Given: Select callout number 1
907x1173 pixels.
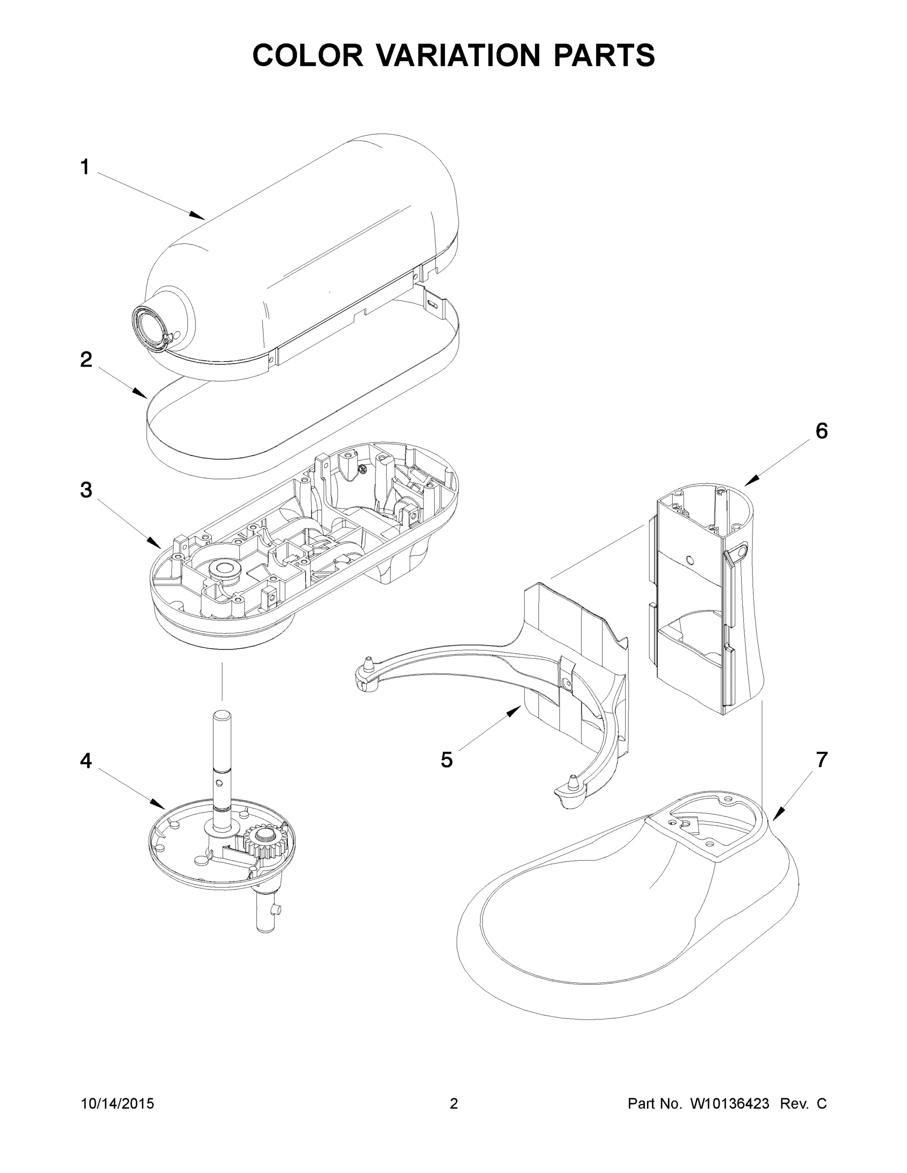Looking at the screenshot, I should [85, 167].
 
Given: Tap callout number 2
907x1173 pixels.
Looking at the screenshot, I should [86, 360].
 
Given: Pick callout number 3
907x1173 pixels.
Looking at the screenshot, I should [86, 490].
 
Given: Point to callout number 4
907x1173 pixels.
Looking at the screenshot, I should [86, 760].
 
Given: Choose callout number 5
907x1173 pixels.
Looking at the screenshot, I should [446, 760].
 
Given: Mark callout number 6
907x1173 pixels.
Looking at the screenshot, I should [821, 431].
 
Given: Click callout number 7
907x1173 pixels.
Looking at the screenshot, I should [821, 760].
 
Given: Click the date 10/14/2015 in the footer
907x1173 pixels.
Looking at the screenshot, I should [117, 1104].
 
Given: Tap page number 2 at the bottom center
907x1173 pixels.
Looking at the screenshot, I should [454, 1104].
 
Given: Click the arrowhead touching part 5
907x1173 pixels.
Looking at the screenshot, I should [517, 710].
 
